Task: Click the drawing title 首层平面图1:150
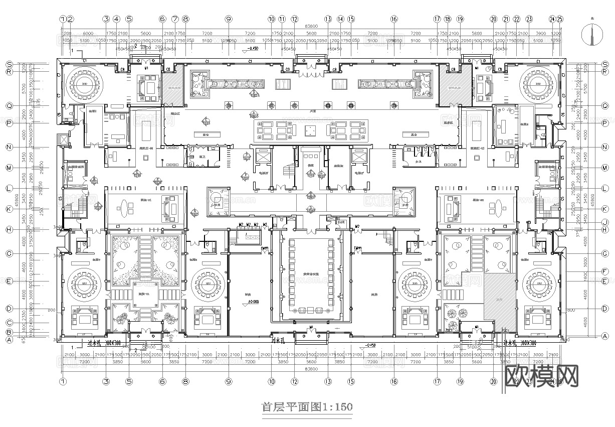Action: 307,406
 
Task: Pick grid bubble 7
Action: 175,19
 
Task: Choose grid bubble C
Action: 9,323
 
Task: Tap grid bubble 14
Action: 340,19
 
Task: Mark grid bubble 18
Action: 448,19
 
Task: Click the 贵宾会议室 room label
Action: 311,274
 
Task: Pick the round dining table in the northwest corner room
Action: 82,81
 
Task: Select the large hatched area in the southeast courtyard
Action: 498,296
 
